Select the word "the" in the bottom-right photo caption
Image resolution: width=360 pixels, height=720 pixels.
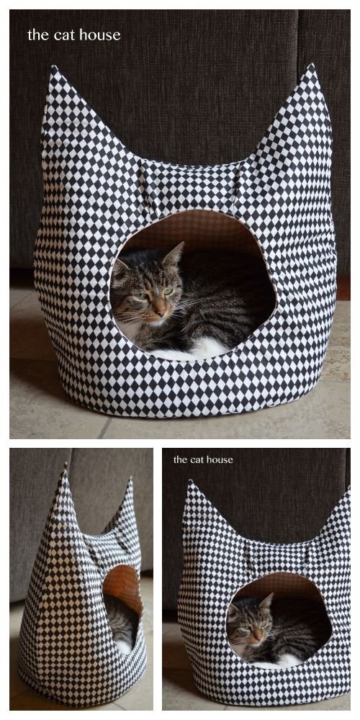pos(179,459)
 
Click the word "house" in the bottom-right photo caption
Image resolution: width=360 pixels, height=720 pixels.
pos(217,459)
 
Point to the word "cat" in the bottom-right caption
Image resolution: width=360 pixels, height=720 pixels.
pos(196,459)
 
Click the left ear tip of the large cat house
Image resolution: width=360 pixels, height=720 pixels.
pos(53,69)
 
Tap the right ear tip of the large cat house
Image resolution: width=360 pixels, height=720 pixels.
pos(312,66)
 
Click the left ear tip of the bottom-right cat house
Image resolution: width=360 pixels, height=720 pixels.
pos(189,483)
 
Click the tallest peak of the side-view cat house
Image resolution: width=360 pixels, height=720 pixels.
pos(65,468)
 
